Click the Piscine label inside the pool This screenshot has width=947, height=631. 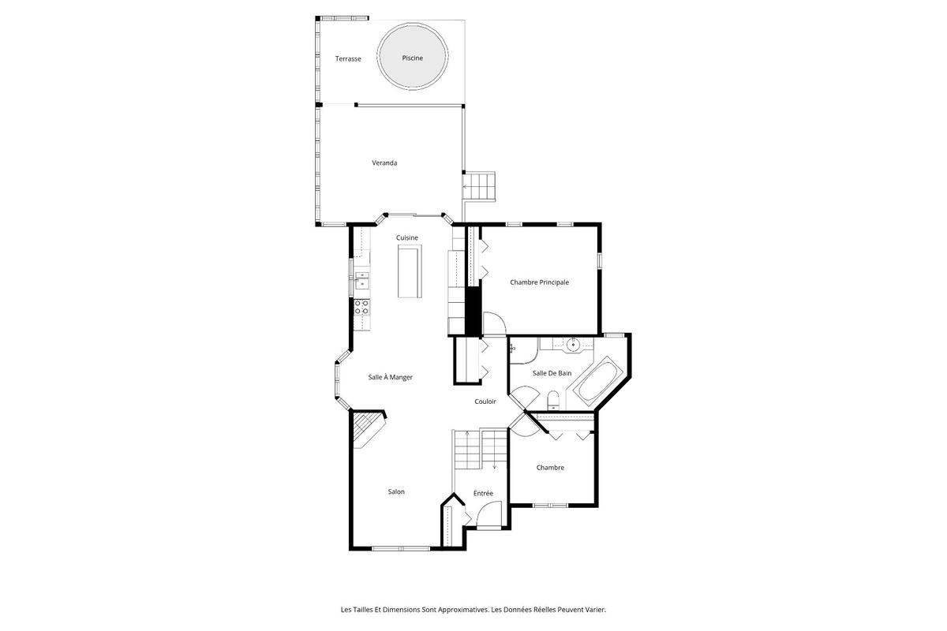412,58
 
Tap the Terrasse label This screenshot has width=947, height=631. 348,58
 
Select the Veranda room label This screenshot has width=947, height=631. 384,162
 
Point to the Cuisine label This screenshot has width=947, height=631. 406,237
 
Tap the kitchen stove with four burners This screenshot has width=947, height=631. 361,308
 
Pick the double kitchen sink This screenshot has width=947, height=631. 362,280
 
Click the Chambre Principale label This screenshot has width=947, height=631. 540,282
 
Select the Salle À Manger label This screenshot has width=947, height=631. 390,377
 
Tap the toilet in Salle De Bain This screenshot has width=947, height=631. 553,400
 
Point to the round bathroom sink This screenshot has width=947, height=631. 573,344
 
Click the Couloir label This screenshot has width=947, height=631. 485,401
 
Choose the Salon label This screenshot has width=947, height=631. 396,491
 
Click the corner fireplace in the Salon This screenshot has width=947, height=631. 369,429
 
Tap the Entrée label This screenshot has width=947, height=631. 483,493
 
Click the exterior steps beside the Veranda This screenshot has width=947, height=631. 479,186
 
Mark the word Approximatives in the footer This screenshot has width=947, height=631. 463,610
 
